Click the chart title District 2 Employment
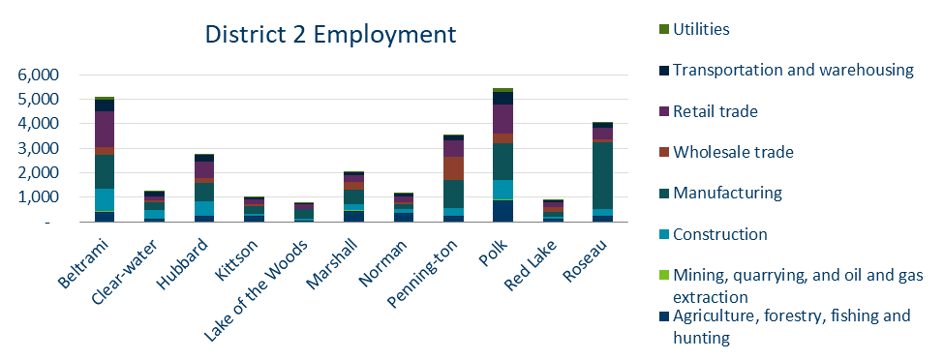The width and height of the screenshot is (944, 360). tap(329, 35)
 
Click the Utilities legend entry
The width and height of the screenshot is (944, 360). tap(701, 29)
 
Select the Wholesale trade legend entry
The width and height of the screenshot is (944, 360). tap(732, 152)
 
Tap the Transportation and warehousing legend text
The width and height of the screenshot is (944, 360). tap(793, 70)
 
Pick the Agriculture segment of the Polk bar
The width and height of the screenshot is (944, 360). tap(503, 210)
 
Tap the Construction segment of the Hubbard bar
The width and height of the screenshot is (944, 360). tap(205, 208)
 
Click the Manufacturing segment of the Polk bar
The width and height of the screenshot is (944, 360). tap(503, 162)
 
